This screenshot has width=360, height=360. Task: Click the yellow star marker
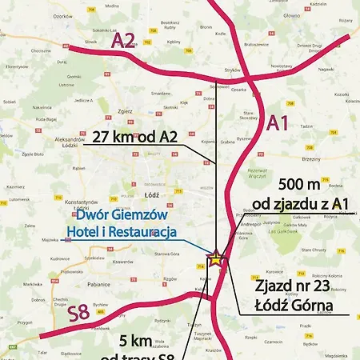click(x=215, y=258)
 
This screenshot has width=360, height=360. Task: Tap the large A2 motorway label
click(x=124, y=40)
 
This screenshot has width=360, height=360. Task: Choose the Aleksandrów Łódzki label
click(x=60, y=140)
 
